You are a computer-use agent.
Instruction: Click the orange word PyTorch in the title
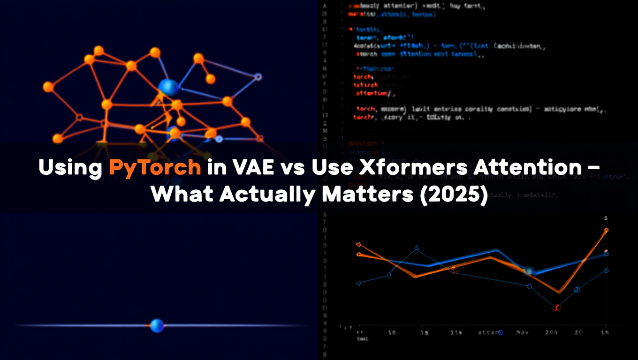tap(155, 167)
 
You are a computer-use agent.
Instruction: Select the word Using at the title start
tap(70, 167)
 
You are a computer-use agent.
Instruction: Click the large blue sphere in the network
tap(168, 87)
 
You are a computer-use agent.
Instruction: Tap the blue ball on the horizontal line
tap(157, 325)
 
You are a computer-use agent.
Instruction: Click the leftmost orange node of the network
tap(48, 87)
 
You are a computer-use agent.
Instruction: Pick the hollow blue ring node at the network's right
tap(258, 76)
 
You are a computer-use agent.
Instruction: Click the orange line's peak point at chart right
tap(606, 230)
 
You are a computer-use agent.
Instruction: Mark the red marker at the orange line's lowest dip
tap(557, 308)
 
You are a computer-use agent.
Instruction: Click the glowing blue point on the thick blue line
tap(530, 271)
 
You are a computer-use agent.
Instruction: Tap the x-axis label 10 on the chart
tap(392, 332)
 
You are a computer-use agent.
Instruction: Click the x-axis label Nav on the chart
tap(523, 332)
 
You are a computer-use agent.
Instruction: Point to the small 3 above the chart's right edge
tap(606, 218)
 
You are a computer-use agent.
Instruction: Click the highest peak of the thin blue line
tap(417, 249)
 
